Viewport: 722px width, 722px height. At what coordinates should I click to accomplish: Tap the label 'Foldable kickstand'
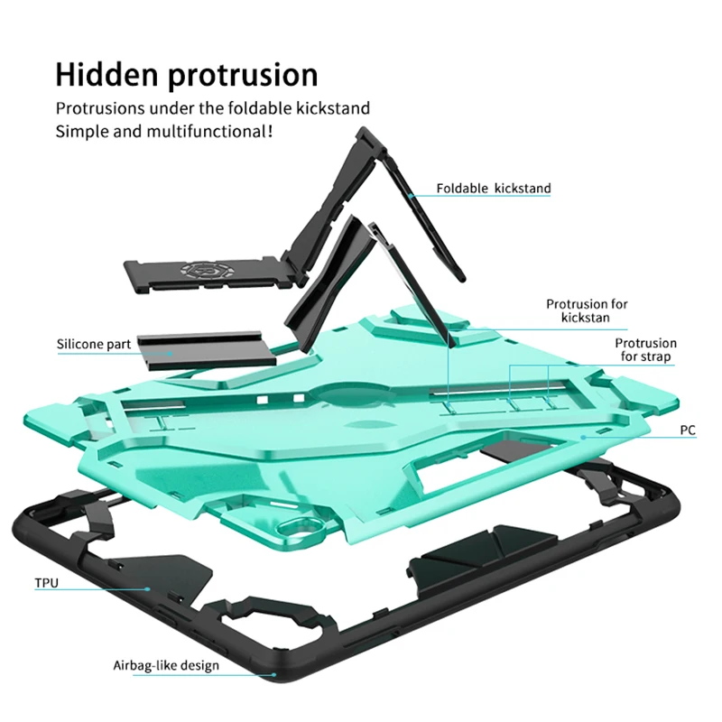[x=494, y=189]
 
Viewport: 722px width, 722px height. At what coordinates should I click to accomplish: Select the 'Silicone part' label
[x=94, y=344]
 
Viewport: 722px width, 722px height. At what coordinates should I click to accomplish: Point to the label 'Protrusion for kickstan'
[x=587, y=310]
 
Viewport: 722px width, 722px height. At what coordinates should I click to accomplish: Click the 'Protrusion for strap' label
[x=645, y=349]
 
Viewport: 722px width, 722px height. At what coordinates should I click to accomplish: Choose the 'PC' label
[x=688, y=431]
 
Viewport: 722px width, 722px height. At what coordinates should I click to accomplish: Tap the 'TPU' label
[x=46, y=583]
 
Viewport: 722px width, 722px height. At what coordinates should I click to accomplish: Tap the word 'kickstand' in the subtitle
[x=335, y=108]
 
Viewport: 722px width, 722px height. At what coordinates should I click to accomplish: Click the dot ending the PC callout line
[x=585, y=437]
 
